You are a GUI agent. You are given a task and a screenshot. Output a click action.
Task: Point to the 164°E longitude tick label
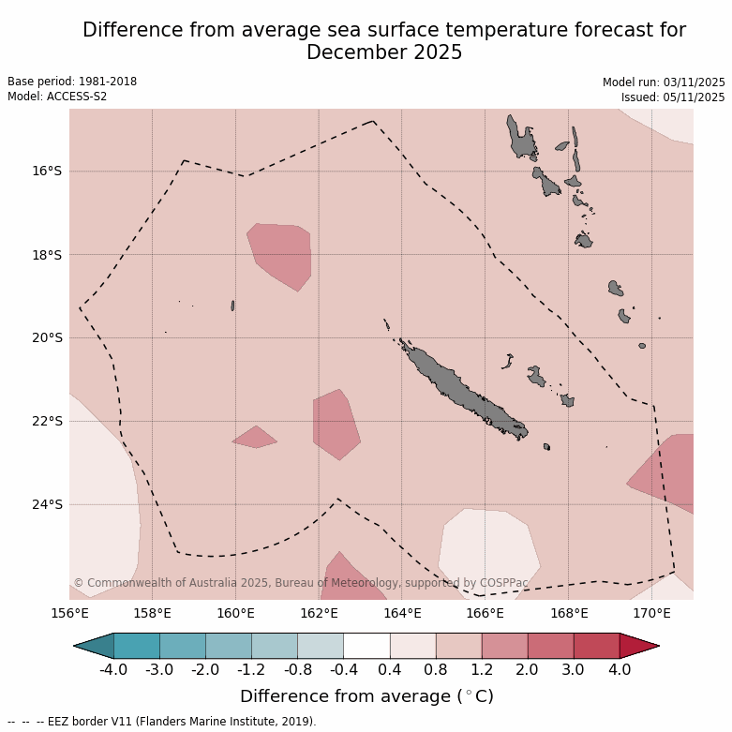(402, 614)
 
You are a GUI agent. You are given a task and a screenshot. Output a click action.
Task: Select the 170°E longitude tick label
(651, 614)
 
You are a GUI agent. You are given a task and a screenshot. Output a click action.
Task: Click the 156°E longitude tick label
(69, 614)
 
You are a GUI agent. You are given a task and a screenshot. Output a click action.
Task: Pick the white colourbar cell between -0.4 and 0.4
(366, 645)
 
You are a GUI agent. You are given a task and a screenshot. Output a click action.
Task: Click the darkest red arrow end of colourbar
(640, 645)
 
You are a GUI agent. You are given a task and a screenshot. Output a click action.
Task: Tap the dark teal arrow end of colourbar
(93, 645)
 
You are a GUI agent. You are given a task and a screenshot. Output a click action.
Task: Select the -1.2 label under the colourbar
(251, 669)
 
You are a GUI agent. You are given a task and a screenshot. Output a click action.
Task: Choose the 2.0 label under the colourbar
(527, 669)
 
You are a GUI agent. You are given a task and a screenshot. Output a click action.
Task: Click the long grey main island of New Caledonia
(459, 386)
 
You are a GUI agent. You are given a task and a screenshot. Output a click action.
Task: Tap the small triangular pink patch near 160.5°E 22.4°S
(254, 438)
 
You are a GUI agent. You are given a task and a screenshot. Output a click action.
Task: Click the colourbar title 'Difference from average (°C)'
(366, 696)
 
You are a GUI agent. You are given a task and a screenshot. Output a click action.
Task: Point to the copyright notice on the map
(300, 583)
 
